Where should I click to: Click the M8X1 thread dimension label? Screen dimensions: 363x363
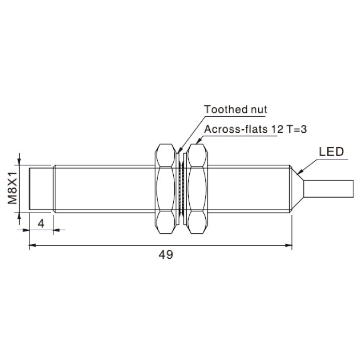12,188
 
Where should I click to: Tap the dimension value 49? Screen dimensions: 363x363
166,255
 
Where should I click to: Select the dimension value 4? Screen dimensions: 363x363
41,224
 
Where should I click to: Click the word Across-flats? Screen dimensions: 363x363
235,129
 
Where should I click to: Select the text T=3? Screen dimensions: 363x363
297,129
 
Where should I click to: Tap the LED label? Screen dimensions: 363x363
331,152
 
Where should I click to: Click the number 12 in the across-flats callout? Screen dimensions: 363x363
277,129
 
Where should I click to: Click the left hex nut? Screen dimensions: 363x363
165,189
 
